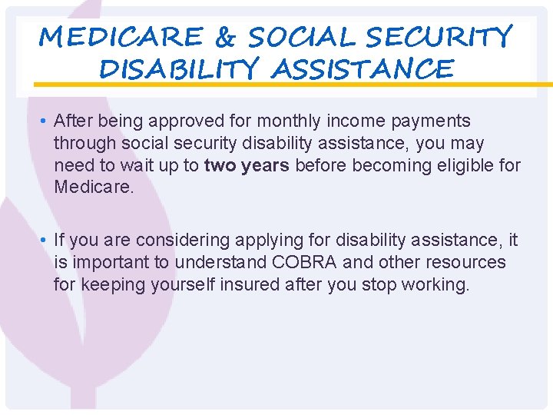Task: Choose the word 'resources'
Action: pos(467,263)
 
